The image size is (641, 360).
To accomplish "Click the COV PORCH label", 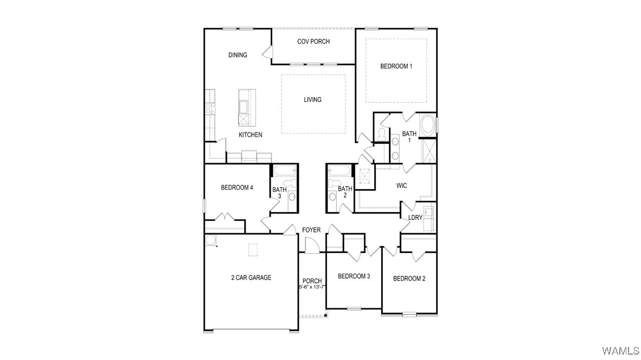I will (313, 42).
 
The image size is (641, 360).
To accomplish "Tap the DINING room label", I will (238, 55).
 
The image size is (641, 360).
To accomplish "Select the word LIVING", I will (312, 100).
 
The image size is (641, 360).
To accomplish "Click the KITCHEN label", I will (251, 135).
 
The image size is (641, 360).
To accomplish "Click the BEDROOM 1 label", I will (396, 67).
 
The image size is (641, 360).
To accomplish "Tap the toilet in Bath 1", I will (382, 133).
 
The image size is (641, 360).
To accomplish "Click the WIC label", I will (401, 186).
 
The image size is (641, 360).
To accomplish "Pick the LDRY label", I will (415, 217).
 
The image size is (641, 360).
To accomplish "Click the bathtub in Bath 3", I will (284, 171).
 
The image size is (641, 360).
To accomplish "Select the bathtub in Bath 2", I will (340, 171).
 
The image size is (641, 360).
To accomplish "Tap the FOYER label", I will (311, 230).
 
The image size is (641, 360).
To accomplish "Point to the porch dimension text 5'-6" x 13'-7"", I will (312, 287).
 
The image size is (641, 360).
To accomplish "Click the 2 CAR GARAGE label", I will (251, 278).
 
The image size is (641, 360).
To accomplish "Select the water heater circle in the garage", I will (210, 240).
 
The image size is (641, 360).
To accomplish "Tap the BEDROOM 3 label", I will (354, 277).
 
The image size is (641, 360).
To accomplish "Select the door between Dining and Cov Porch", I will (267, 52).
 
